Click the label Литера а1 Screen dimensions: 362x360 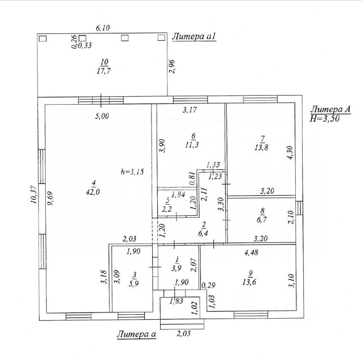tap(194, 37)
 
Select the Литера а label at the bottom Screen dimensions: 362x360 tap(136, 335)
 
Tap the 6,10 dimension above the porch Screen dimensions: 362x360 tap(102, 27)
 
